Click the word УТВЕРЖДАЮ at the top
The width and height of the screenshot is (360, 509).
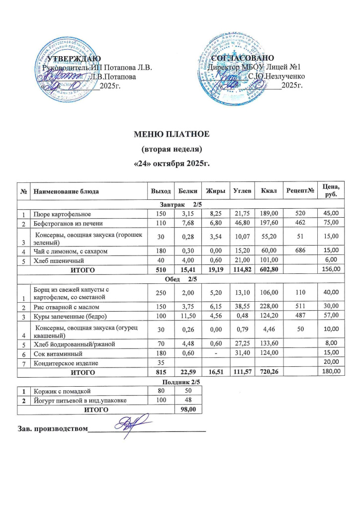click(x=74, y=60)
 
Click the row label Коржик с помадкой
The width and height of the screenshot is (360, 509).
click(x=62, y=390)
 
